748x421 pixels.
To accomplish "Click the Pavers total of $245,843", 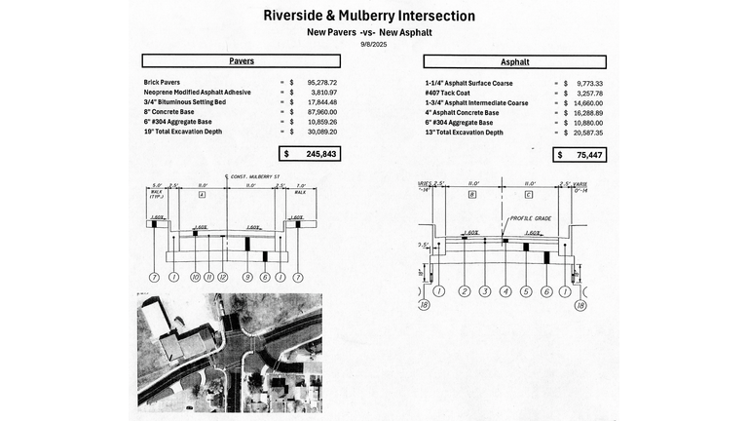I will pyautogui.click(x=310, y=154).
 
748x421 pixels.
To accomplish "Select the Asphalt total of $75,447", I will pyautogui.click(x=578, y=154).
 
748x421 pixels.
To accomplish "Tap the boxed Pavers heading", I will pyautogui.click(x=242, y=60).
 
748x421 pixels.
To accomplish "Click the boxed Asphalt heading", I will pyautogui.click(x=515, y=61).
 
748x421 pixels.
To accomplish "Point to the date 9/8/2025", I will pyautogui.click(x=374, y=45).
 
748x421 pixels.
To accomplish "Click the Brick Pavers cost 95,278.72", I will pyautogui.click(x=320, y=83).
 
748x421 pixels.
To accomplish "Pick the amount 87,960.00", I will pyautogui.click(x=320, y=112).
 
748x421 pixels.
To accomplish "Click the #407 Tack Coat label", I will pyautogui.click(x=453, y=93).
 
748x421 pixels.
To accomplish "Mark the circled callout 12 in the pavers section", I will pyautogui.click(x=222, y=278).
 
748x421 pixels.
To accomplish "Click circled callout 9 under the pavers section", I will pyautogui.click(x=246, y=278).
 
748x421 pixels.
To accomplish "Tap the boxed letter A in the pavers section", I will pyautogui.click(x=201, y=195).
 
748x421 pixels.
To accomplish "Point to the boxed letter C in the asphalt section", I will pyautogui.click(x=527, y=195).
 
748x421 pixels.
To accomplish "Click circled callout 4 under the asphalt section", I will pyautogui.click(x=505, y=290).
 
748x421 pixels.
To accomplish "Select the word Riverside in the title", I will pyautogui.click(x=303, y=17).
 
